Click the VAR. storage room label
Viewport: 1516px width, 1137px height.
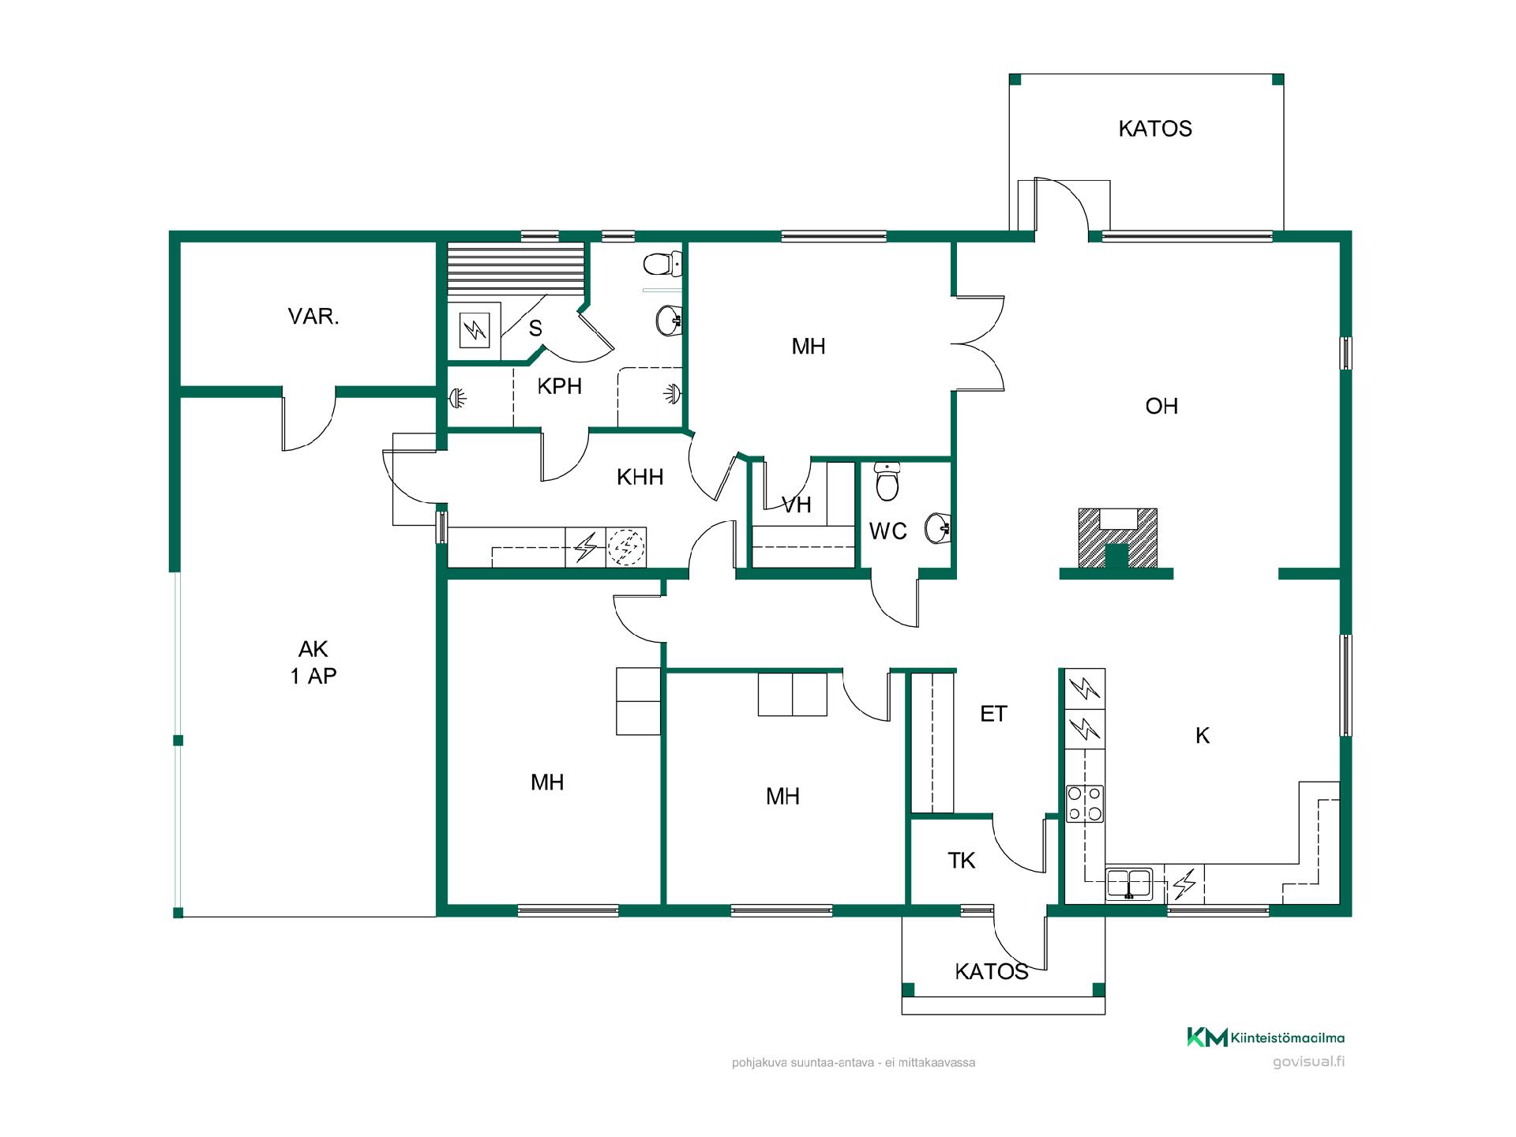313,317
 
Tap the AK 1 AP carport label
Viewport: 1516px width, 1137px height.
313,662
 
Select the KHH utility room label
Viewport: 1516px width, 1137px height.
640,477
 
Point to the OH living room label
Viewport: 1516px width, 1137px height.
1161,406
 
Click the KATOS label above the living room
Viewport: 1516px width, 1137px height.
1155,129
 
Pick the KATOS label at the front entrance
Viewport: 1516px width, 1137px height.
992,971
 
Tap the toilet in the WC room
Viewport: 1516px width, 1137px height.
887,482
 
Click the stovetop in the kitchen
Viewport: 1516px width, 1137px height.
1085,804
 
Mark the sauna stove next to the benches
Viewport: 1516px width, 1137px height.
474,331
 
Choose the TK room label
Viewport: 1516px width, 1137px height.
962,861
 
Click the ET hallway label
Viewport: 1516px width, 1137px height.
993,714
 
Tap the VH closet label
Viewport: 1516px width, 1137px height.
796,505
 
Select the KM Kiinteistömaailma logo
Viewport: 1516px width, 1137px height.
1266,1038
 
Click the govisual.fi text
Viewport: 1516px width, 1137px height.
1308,1062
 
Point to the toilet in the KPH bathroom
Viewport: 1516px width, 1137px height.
663,265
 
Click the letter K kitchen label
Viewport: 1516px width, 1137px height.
1203,736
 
